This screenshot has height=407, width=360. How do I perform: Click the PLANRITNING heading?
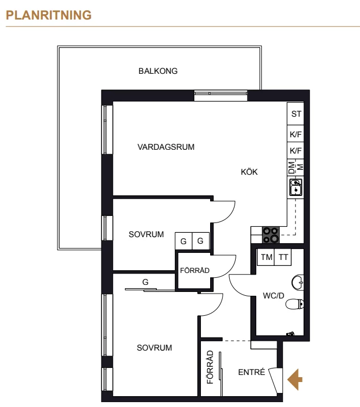tap(48, 15)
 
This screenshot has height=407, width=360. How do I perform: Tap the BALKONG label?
tap(158, 71)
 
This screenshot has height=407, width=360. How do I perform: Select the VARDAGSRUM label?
tap(166, 147)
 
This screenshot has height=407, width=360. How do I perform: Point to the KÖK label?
tap(249, 172)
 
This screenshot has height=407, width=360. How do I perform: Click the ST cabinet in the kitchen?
tap(295, 114)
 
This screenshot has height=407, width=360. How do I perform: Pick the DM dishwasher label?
tap(292, 168)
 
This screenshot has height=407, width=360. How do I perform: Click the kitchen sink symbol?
tap(295, 187)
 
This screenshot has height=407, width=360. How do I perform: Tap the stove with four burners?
tap(270, 235)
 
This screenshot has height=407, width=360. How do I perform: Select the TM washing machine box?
tap(266, 257)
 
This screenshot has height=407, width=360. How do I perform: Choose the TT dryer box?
tap(283, 257)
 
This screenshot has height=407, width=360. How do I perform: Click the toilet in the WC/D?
tap(295, 304)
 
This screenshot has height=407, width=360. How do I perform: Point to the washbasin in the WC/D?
tap(298, 282)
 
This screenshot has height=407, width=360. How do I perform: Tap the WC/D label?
tap(274, 296)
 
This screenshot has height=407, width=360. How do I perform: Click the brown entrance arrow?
tap(295, 379)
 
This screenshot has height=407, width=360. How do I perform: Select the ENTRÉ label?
tap(251, 372)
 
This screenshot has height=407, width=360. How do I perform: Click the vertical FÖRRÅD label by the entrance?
tap(210, 367)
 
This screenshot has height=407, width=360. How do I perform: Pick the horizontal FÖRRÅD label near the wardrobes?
tap(195, 270)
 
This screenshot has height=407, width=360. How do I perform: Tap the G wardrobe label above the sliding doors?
tap(146, 282)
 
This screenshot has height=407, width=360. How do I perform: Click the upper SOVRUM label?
tap(146, 234)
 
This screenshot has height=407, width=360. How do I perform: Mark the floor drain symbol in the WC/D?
tap(290, 334)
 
